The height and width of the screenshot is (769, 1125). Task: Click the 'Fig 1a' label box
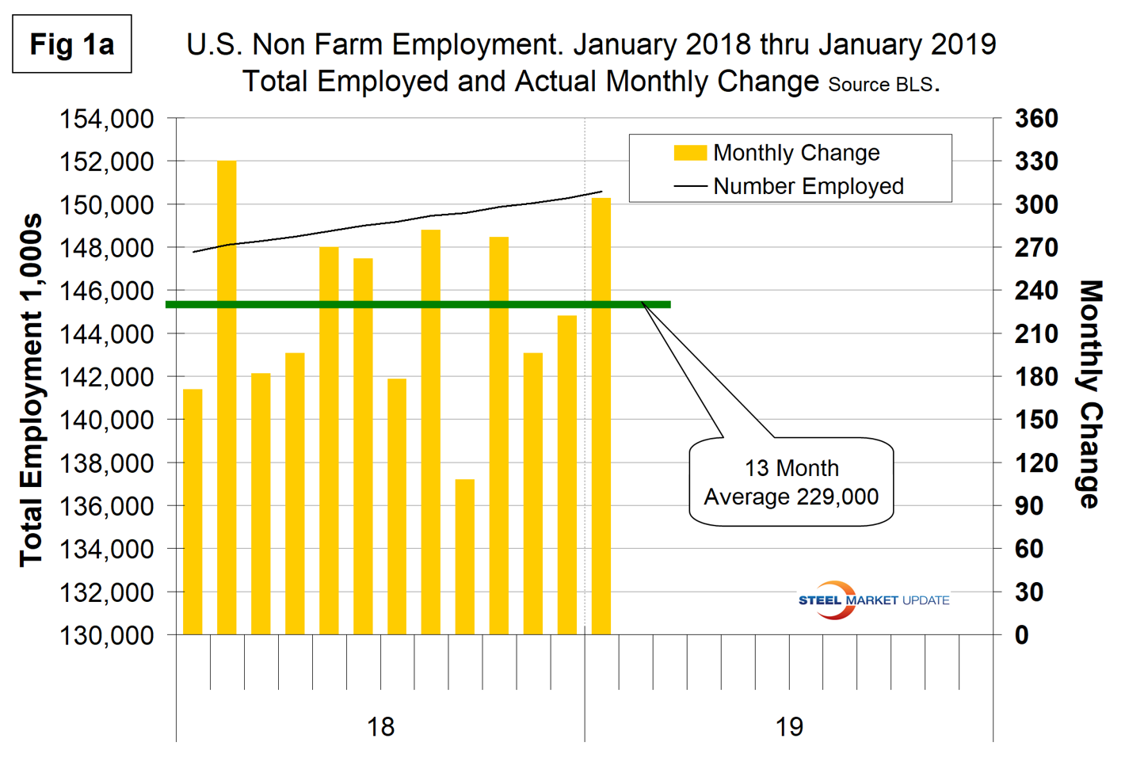click(x=72, y=44)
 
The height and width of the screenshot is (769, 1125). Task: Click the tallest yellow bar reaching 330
click(x=227, y=396)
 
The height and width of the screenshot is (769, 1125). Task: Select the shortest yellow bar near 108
click(x=465, y=556)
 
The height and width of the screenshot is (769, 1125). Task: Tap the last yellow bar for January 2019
click(x=601, y=416)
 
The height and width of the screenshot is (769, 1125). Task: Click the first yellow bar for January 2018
click(x=193, y=511)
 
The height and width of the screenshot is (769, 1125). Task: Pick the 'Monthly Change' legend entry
click(x=776, y=153)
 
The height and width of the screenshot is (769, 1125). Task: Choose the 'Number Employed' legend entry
click(x=788, y=186)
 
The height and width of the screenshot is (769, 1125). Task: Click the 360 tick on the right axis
click(x=1036, y=119)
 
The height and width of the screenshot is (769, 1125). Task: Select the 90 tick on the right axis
click(x=1029, y=505)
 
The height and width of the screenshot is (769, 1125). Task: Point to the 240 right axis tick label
click(x=1036, y=291)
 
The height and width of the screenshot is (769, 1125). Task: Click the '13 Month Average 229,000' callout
click(x=791, y=482)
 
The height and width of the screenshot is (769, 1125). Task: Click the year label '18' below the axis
click(x=380, y=726)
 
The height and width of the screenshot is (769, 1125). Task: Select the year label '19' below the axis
click(x=789, y=726)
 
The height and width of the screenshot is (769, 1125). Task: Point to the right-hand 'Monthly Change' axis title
click(x=1091, y=394)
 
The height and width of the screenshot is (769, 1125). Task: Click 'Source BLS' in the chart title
click(x=880, y=85)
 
